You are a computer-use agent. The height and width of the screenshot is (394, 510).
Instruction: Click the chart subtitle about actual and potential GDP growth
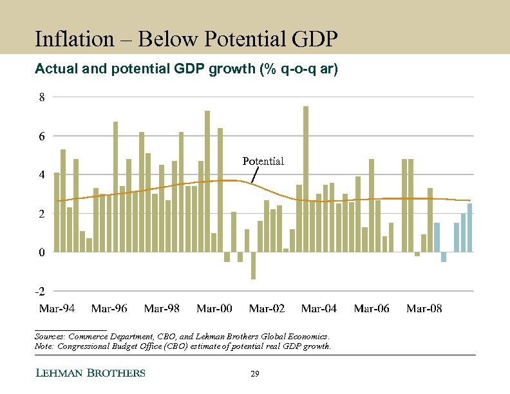point(185,69)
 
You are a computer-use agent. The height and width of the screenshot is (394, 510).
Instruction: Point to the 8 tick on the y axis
point(41,98)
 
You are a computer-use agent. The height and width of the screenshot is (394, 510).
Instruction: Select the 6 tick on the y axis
point(41,136)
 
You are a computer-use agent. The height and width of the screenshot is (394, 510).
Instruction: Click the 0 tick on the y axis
point(41,252)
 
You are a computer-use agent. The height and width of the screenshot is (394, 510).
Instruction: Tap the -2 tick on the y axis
point(40,291)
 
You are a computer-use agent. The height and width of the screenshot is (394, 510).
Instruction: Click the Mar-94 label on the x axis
point(57,308)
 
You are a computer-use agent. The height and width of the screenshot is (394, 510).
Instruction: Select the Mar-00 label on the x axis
point(214,308)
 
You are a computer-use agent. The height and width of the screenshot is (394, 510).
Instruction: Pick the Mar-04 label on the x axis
point(319,308)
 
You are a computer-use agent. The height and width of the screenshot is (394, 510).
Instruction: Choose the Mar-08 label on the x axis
point(424,308)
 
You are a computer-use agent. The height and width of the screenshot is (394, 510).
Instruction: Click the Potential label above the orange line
point(263,161)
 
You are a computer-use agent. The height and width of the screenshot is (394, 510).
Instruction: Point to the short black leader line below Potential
point(254,174)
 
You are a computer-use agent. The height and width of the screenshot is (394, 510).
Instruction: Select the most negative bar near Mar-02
point(254,265)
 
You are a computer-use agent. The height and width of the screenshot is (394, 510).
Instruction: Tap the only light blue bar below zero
point(444,257)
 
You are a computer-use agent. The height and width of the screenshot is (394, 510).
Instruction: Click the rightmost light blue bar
point(470,227)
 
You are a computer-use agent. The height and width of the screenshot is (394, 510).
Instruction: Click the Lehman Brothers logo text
point(90,373)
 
